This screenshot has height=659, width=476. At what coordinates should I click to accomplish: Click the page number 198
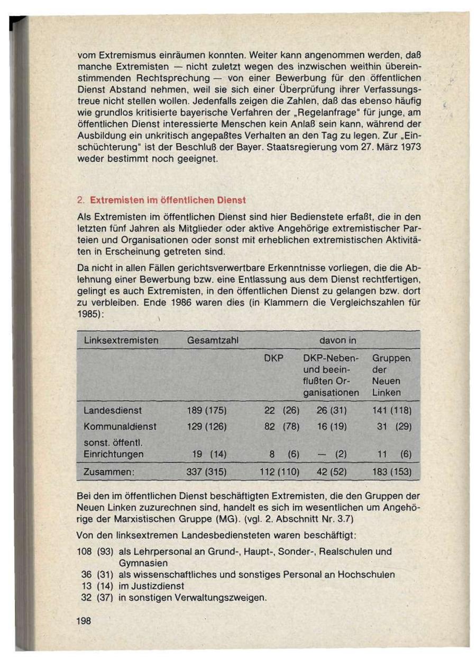point(84,621)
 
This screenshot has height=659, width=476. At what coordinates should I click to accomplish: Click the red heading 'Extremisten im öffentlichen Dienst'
point(168,201)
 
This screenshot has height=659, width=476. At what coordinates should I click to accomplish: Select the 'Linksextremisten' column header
point(121,340)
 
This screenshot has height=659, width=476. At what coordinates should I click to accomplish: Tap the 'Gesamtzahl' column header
point(212,340)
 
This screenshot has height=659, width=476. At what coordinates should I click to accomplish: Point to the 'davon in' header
point(337,340)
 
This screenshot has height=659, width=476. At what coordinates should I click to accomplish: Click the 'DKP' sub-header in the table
point(273,359)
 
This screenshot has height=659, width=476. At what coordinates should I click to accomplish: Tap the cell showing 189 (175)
point(207,410)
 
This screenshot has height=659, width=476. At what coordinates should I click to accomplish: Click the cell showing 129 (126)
point(207,426)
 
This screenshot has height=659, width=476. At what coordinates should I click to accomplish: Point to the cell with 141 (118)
point(391,410)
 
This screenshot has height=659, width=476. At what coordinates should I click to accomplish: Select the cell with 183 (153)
point(391,471)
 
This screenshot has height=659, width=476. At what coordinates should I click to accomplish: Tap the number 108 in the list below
point(85,551)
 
